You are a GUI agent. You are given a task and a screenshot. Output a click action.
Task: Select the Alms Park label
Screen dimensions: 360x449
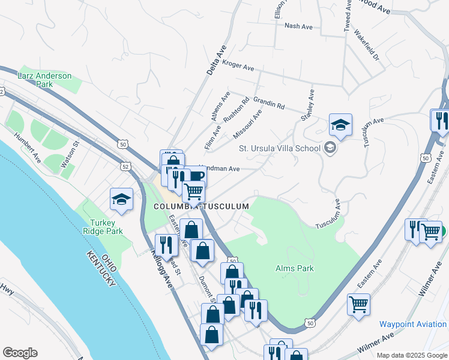tap(294, 268)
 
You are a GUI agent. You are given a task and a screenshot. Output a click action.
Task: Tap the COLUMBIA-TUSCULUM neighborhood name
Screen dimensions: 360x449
tap(200, 206)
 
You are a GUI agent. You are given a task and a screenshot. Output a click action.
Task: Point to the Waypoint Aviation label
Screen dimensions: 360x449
tap(413, 324)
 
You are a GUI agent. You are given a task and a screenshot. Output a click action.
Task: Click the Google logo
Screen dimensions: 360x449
tap(20, 353)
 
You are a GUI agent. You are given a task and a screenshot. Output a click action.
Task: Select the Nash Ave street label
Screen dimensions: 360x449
tap(298, 26)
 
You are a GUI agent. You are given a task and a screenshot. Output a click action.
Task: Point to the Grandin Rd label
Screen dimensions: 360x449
tap(268, 102)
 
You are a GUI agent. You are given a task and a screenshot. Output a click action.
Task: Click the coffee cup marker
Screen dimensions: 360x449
tap(196, 176)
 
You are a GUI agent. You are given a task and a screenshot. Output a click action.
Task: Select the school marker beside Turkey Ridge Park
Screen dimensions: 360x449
tap(121, 200)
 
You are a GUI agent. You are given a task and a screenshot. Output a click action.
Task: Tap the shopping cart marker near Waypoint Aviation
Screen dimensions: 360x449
tap(358, 304)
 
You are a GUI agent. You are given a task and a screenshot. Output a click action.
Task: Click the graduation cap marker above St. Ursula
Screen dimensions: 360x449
tap(340, 125)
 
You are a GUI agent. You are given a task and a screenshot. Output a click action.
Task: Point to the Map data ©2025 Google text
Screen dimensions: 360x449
tap(411, 355)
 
